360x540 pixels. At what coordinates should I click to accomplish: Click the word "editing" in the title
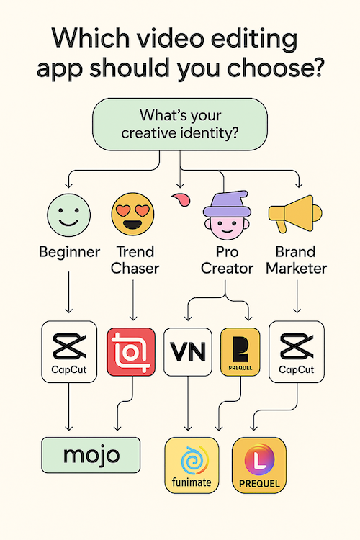click(x=254, y=40)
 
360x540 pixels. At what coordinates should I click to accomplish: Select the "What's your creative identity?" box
click(x=180, y=125)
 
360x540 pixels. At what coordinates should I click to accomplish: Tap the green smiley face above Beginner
click(x=69, y=215)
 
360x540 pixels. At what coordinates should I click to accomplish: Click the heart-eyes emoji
click(x=132, y=215)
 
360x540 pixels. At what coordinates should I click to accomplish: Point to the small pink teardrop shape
click(x=181, y=199)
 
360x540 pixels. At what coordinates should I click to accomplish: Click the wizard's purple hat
click(x=226, y=204)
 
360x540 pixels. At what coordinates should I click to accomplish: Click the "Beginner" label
click(x=70, y=253)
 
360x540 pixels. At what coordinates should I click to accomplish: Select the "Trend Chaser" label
click(x=135, y=260)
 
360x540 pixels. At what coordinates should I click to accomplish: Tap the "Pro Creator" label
click(x=227, y=260)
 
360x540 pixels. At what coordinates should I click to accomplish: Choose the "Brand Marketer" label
click(x=296, y=260)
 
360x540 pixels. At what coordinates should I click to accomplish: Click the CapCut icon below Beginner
click(x=69, y=351)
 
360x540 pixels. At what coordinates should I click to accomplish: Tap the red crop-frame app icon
click(x=131, y=351)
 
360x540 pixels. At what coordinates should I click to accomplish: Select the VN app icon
click(x=188, y=351)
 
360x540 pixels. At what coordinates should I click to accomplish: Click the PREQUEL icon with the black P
click(x=240, y=351)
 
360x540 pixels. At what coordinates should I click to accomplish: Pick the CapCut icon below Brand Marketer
click(x=297, y=351)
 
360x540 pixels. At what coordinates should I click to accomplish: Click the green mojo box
click(x=91, y=455)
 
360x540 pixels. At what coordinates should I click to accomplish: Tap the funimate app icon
click(x=192, y=465)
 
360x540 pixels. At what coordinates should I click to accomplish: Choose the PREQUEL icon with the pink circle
click(x=259, y=465)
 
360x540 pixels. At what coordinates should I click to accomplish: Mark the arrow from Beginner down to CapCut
click(x=69, y=292)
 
